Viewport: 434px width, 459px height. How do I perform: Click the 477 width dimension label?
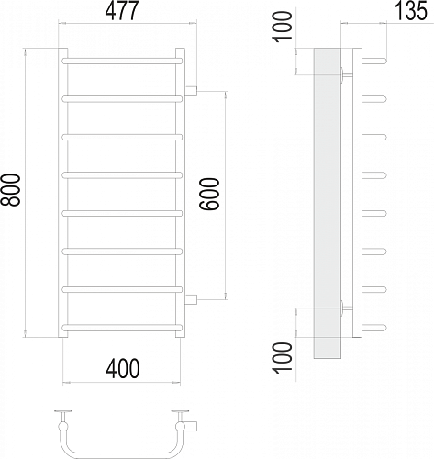pos(122,11)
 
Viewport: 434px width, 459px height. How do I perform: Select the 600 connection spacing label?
pos(209,194)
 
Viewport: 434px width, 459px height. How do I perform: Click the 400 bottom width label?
pos(123,368)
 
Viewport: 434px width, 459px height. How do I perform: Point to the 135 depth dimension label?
pos(410,11)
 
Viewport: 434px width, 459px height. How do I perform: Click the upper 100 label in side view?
pos(283,27)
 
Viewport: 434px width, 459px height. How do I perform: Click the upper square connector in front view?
pos(191,91)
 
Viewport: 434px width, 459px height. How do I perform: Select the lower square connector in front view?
pos(191,299)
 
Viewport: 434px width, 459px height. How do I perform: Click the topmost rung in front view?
pos(122,61)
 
